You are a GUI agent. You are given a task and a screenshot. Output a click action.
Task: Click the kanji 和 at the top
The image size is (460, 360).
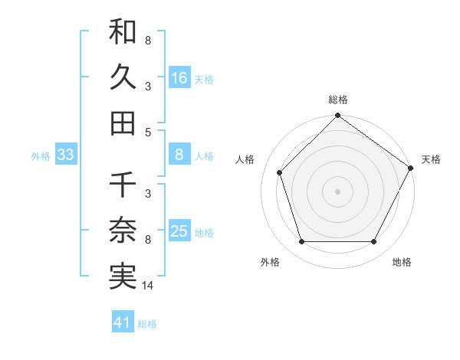(123, 33)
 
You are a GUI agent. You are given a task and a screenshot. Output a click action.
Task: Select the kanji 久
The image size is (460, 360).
(123, 77)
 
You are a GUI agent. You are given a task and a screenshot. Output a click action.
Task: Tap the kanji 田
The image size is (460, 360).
(123, 122)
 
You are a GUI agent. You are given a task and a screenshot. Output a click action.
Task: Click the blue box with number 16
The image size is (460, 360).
(179, 77)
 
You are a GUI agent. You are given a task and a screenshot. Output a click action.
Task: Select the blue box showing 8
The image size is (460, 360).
(179, 155)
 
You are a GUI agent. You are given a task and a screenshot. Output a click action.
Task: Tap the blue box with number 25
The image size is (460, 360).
(179, 232)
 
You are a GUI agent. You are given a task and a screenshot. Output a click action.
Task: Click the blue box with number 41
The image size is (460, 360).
(123, 322)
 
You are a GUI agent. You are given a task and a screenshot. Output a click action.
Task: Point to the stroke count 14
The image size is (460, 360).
(148, 286)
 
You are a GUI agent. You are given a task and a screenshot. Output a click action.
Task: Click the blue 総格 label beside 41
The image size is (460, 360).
(147, 324)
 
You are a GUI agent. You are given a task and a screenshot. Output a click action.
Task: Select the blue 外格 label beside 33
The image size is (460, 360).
(41, 156)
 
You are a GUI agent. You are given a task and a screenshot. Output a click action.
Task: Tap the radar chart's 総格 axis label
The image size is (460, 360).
(337, 100)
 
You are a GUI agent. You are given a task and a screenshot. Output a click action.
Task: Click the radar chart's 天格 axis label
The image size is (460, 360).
(431, 159)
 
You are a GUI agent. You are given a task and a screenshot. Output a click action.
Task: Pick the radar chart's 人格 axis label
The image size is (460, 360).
(245, 159)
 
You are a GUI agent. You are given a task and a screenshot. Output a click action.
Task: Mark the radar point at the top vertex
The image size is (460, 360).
(337, 116)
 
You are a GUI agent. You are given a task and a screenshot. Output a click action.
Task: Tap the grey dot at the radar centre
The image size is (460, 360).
(337, 191)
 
